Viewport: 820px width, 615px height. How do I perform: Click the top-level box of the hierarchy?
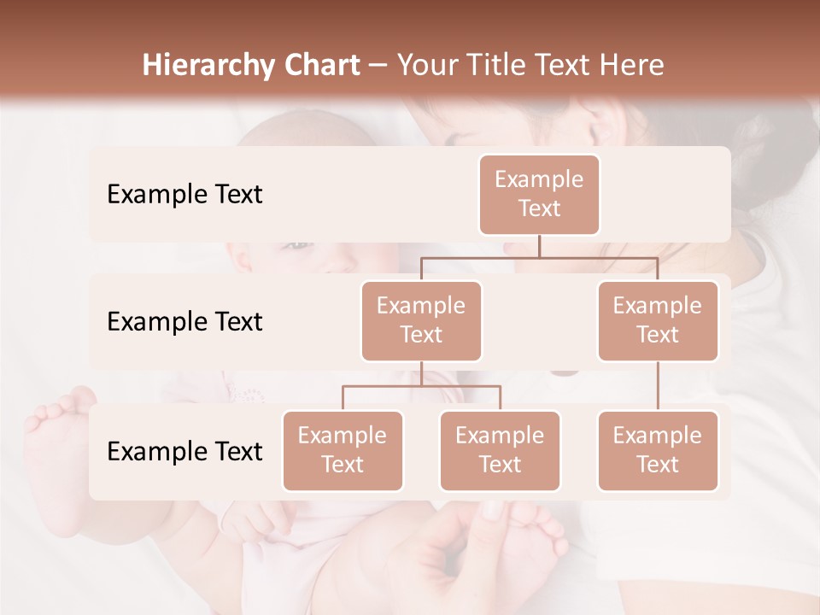(539, 195)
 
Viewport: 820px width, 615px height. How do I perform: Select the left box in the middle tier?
(421, 321)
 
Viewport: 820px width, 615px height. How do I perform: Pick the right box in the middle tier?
(657, 321)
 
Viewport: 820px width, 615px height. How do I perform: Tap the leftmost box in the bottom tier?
(343, 451)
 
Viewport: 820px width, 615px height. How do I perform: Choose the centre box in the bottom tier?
(500, 451)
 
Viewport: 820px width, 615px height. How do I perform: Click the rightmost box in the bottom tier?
(657, 451)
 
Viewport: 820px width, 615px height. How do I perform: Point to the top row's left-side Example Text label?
(184, 195)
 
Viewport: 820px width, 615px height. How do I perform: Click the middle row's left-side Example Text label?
(184, 322)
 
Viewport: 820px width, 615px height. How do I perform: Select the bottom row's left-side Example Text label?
(184, 452)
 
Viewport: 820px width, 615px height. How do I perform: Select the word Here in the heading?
(633, 65)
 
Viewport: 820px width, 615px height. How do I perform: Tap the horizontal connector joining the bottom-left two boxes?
(421, 386)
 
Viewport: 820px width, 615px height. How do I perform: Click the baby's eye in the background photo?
(296, 245)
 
